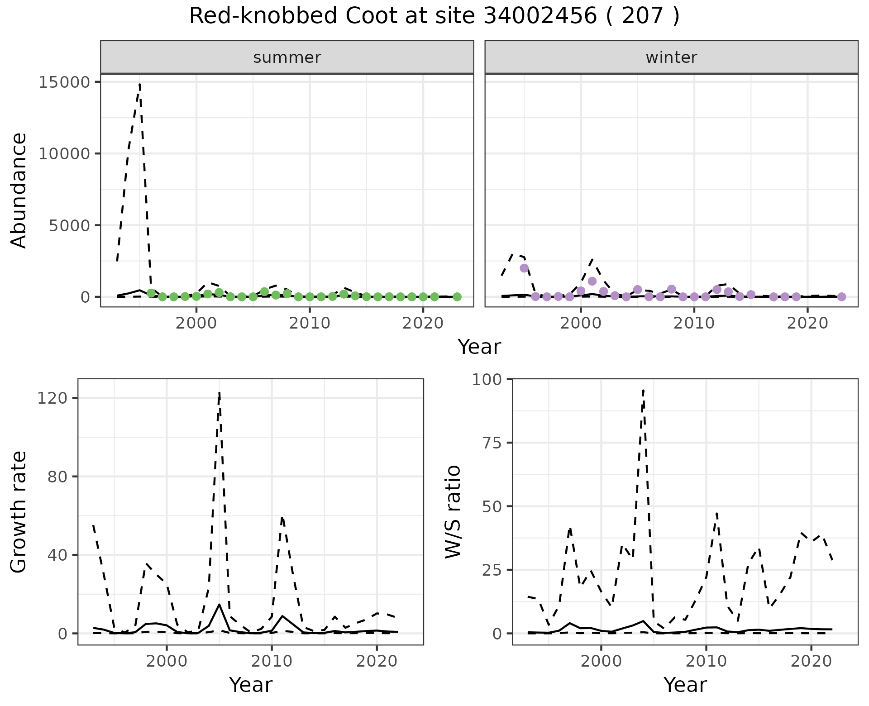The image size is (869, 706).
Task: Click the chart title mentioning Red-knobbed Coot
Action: (x=434, y=16)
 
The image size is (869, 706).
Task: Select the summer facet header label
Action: (x=287, y=57)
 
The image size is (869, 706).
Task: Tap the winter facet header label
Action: (x=671, y=57)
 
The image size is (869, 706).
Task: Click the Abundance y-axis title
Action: (x=19, y=190)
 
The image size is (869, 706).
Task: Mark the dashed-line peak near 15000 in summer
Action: (x=140, y=84)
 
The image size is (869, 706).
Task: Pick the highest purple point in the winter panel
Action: (x=524, y=268)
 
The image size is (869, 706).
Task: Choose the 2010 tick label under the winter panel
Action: (x=694, y=323)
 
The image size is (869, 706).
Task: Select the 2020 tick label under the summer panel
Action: (x=423, y=323)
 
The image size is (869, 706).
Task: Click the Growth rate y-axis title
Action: (x=19, y=512)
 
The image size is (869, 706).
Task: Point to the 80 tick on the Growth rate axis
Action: (x=65, y=477)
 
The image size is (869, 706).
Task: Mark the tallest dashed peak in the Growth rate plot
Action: (x=220, y=393)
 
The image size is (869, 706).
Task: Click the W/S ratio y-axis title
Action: (x=453, y=512)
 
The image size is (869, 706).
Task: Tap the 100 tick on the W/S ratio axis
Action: (x=487, y=379)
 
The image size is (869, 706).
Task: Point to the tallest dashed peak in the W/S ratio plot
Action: (x=643, y=390)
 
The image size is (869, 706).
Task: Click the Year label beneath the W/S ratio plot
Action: (x=685, y=685)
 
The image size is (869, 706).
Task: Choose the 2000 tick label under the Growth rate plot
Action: (x=167, y=661)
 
